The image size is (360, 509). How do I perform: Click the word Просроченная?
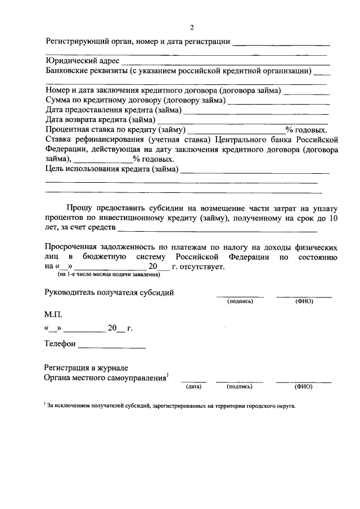pyautogui.click(x=72, y=247)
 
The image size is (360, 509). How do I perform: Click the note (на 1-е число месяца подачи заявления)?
pyautogui.click(x=109, y=274)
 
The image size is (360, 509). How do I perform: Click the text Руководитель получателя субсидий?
pyautogui.click(x=109, y=292)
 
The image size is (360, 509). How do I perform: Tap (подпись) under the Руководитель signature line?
pyautogui.click(x=240, y=301)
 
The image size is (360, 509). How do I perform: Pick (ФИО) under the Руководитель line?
pyautogui.click(x=304, y=301)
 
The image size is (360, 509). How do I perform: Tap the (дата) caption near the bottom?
pyautogui.click(x=193, y=387)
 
